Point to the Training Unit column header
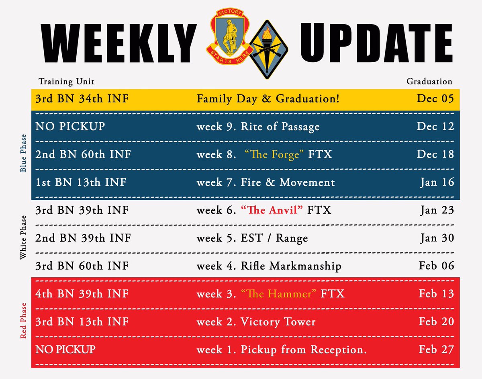coord(66,82)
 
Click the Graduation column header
coord(429,82)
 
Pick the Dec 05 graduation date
coord(435,98)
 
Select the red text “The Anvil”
coord(272,210)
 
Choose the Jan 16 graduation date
coord(437,182)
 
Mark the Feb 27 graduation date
coord(436,349)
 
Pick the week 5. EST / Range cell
coord(252,238)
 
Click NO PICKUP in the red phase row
coord(65,349)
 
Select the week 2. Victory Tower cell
coord(256,322)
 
